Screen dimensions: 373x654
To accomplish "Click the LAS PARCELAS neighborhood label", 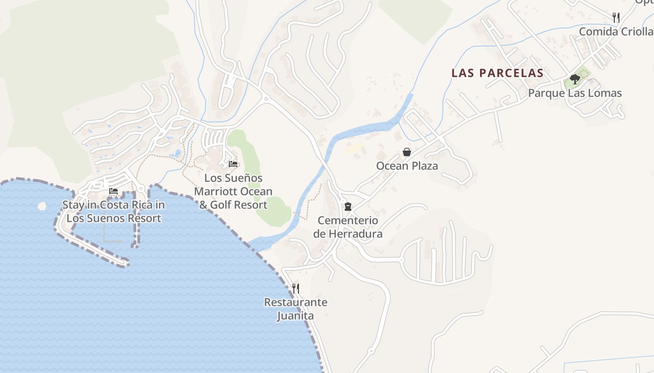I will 498,73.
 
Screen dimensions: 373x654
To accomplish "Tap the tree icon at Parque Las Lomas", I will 575,79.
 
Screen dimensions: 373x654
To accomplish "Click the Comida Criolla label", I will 616,32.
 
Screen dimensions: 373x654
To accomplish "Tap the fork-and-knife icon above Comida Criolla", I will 616,18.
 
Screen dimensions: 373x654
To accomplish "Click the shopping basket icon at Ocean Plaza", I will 407,152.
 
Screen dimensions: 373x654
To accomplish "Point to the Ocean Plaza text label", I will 407,166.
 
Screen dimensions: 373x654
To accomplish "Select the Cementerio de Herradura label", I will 348,227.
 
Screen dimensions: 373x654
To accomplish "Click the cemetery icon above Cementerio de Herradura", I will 348,206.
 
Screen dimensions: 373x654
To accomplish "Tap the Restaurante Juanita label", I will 295,309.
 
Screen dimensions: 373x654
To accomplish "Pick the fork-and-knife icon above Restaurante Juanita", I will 295,289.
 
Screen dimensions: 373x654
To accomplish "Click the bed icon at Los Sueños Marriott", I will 233,164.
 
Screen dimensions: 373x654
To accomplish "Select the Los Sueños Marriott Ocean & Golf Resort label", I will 233,191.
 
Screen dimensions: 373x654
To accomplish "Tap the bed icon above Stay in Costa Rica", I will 114,191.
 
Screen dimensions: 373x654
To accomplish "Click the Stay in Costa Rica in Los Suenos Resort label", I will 114,211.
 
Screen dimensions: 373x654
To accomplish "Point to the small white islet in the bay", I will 42,205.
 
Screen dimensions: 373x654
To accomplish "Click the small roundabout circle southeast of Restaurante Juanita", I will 371,351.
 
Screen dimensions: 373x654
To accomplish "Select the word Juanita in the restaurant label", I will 295,316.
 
